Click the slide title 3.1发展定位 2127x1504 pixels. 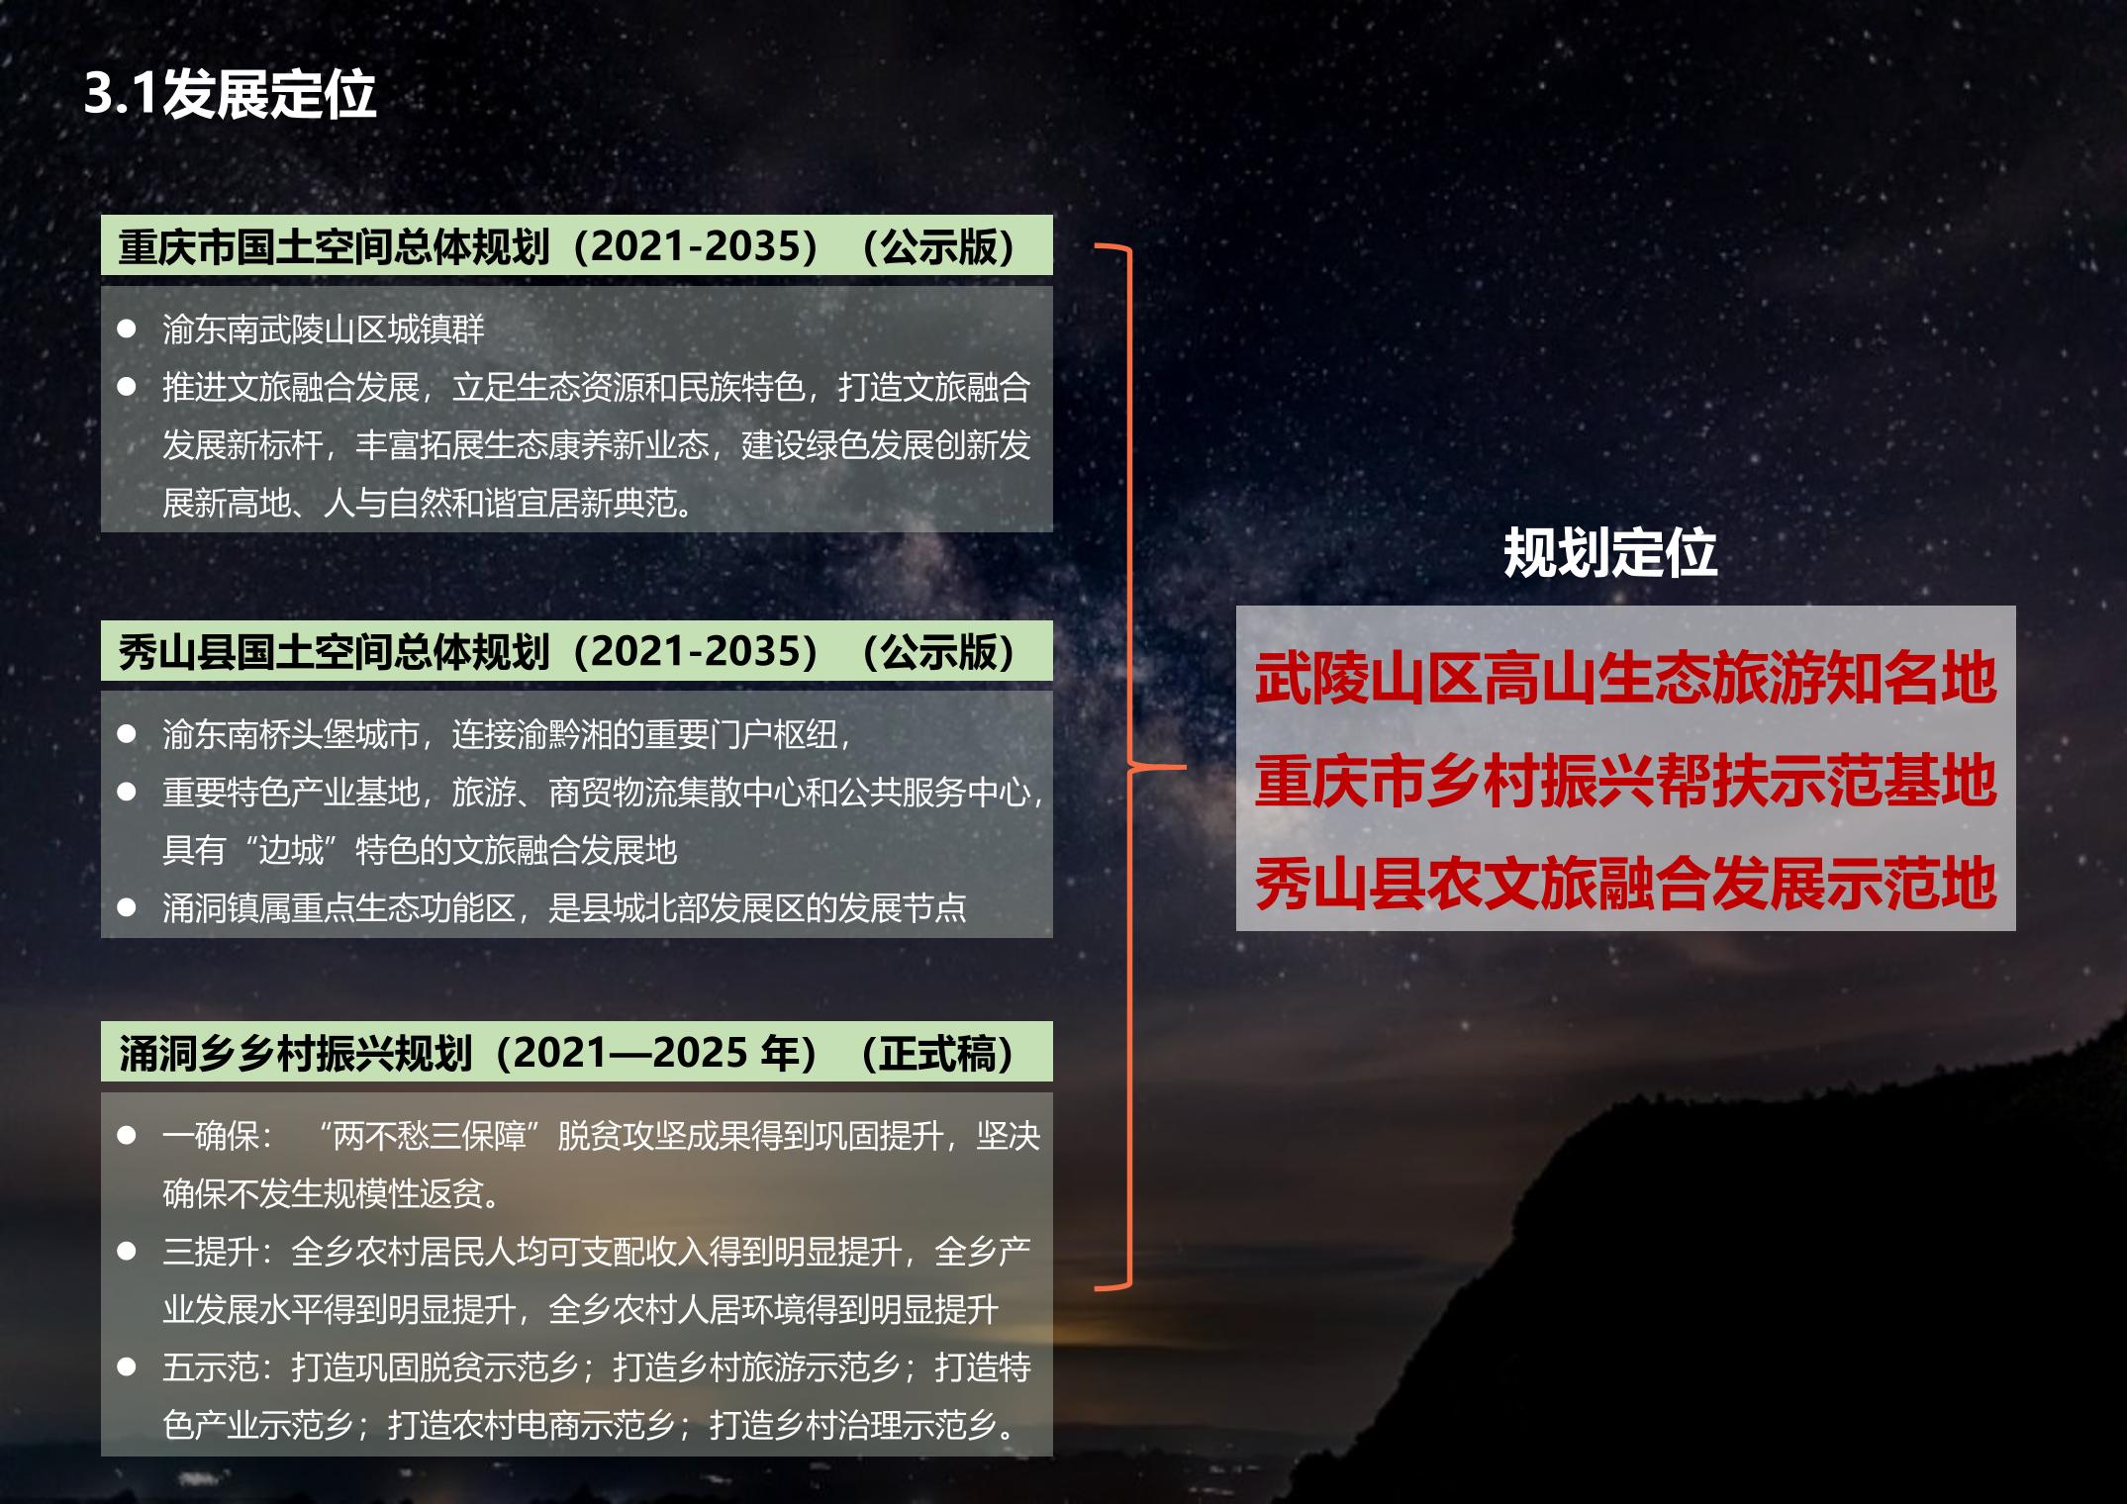pyautogui.click(x=230, y=95)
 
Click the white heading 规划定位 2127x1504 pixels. pyautogui.click(x=1610, y=552)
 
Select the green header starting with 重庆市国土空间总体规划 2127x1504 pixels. pyautogui.click(x=576, y=245)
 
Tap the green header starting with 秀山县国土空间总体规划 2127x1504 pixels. pyautogui.click(x=576, y=651)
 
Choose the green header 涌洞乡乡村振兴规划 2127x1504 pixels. pyautogui.click(x=576, y=1052)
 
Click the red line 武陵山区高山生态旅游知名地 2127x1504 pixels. pyautogui.click(x=1625, y=678)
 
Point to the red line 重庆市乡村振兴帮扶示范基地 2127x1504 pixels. pyautogui.click(x=1625, y=781)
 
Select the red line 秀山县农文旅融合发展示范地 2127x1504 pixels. pyautogui.click(x=1625, y=884)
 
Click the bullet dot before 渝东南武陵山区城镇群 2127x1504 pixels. pyautogui.click(x=127, y=329)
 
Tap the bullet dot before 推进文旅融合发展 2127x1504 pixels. pyautogui.click(x=127, y=387)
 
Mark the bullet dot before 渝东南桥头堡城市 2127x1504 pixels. pyautogui.click(x=127, y=734)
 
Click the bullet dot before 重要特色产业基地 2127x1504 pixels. pyautogui.click(x=127, y=792)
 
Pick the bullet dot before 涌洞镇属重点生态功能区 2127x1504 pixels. pyautogui.click(x=127, y=907)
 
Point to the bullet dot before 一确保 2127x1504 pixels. pyautogui.click(x=127, y=1135)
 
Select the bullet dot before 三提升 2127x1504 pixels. pyautogui.click(x=127, y=1252)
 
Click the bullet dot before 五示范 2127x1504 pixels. pyautogui.click(x=127, y=1367)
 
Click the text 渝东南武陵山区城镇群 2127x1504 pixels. pyautogui.click(x=324, y=329)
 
